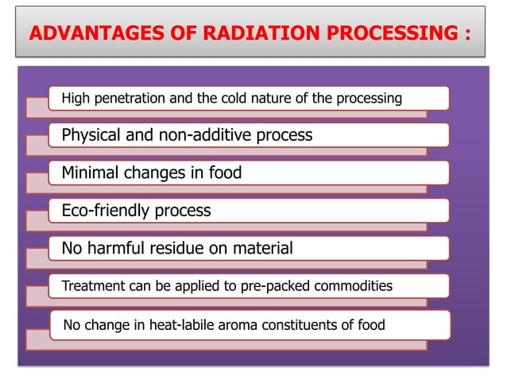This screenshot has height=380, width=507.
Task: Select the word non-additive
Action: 210,135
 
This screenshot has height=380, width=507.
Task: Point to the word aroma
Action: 228,324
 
